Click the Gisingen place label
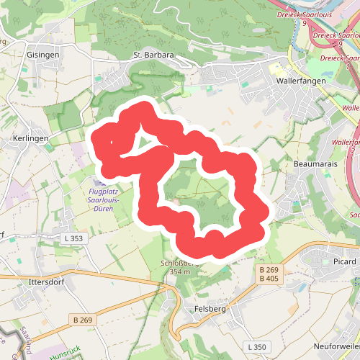[42, 55]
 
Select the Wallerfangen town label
[302, 81]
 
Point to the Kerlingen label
[30, 138]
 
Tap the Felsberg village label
[210, 309]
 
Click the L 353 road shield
[73, 238]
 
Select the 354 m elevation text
[179, 271]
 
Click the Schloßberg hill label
[179, 264]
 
